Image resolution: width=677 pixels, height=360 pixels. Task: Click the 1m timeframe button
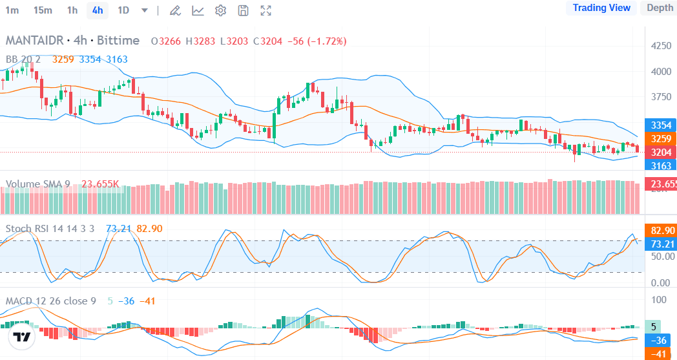pos(12,10)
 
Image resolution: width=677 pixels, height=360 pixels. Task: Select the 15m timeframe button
pos(43,10)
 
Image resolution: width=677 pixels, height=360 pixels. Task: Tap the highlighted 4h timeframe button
pos(98,10)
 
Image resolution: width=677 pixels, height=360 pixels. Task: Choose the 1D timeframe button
pos(123,10)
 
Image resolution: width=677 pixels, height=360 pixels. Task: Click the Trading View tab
pos(601,8)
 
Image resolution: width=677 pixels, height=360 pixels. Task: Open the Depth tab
pos(660,8)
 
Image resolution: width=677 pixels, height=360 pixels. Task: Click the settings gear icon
pos(220,10)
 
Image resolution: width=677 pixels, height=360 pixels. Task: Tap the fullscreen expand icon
pos(266,10)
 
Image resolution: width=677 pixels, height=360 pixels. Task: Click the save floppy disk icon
pos(243,10)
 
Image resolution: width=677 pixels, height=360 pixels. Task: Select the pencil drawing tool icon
pos(174,10)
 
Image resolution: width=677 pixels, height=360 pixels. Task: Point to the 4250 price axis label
pos(660,46)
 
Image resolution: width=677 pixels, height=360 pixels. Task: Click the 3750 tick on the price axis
pos(660,97)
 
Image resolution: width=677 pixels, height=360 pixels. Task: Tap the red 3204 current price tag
pos(660,152)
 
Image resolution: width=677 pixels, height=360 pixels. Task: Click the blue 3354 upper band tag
pos(660,125)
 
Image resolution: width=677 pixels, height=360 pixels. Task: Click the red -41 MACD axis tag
pos(660,354)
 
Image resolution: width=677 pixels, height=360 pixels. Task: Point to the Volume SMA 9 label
pos(38,184)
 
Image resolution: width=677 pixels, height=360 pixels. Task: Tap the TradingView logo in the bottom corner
pos(22,337)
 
